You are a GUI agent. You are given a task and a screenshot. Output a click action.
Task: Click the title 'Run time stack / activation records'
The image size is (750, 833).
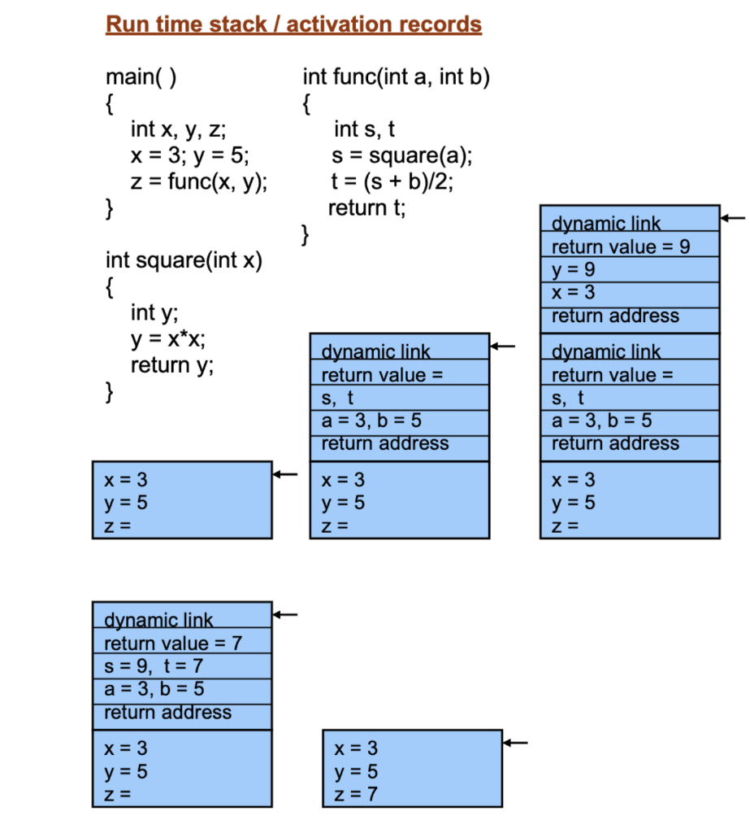(x=293, y=24)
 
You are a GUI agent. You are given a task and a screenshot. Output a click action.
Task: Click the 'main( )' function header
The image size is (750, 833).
(x=141, y=77)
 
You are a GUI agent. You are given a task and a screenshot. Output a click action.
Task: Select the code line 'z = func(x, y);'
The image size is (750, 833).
(x=199, y=182)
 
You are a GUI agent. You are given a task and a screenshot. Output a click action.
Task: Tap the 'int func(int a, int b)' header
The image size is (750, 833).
(x=397, y=77)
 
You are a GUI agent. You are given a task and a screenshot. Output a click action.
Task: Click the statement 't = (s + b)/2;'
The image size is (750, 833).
(x=392, y=181)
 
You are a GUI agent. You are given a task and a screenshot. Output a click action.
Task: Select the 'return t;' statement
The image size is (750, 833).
(x=366, y=208)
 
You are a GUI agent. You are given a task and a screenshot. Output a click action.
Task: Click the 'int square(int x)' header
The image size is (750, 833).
(x=184, y=261)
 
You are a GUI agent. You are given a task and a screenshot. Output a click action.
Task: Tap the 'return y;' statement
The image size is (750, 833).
(x=172, y=365)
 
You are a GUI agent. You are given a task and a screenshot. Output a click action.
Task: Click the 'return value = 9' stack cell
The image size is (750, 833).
(x=621, y=247)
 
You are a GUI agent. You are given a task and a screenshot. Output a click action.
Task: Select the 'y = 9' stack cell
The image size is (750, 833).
(x=574, y=270)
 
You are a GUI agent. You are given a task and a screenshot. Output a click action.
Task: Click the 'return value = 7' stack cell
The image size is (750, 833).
(x=173, y=643)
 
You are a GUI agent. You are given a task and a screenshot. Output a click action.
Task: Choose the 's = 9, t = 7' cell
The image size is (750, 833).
(x=154, y=666)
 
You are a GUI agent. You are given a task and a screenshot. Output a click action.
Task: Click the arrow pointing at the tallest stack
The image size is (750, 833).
(x=733, y=218)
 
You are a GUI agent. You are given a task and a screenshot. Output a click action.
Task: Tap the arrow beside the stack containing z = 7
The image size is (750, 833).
(x=516, y=742)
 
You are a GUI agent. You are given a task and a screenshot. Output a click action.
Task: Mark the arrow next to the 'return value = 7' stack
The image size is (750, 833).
(x=285, y=614)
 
